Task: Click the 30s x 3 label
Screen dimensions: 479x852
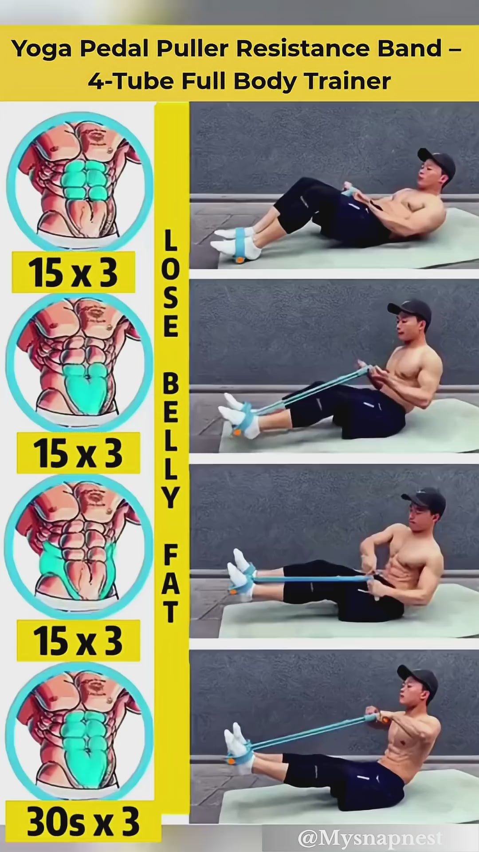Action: click(x=83, y=822)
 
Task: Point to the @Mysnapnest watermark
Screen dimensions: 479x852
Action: click(x=370, y=838)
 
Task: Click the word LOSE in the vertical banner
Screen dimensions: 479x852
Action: click(x=171, y=283)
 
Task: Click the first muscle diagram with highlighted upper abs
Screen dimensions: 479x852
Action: click(x=80, y=180)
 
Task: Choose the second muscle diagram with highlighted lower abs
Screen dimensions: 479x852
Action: click(x=79, y=362)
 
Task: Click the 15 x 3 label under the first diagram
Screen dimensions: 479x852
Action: click(x=73, y=272)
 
